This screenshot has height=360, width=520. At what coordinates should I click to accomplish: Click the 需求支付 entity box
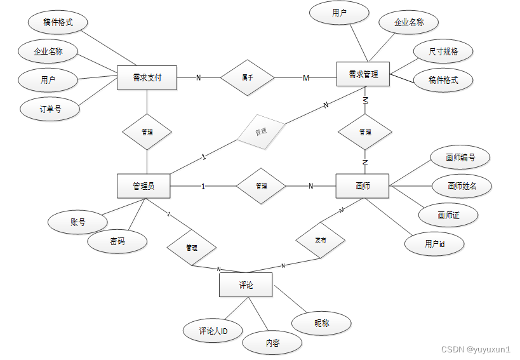pos(147,77)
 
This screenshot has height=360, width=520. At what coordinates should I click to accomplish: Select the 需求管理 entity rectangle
pos(363,74)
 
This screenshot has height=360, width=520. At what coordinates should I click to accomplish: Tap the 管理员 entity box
pos(143,186)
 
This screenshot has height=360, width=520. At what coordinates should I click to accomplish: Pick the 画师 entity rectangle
pos(363,186)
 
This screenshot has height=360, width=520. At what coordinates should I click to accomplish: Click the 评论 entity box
pos(246,285)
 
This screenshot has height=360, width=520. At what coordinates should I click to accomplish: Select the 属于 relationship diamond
pos(248,77)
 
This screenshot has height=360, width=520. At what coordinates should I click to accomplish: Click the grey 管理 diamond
pos(260,132)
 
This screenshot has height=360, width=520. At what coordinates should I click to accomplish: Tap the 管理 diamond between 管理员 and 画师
pos(261,186)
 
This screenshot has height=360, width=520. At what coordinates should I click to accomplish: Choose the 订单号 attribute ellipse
pos(50,109)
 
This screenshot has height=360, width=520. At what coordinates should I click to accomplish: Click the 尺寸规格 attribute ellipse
pos(443,51)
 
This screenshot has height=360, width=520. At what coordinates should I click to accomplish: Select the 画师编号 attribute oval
pos(460,157)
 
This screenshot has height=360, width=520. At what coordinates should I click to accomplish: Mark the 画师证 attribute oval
pos(448,215)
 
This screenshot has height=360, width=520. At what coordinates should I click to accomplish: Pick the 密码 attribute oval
pos(117,241)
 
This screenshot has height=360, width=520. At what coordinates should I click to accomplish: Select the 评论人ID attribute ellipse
pos(213,330)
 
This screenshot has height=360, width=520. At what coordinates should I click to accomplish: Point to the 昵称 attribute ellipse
pos(322,323)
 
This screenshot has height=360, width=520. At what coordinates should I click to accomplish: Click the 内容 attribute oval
pos(272,343)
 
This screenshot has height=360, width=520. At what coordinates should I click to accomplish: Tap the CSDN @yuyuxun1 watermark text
pos(476,349)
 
